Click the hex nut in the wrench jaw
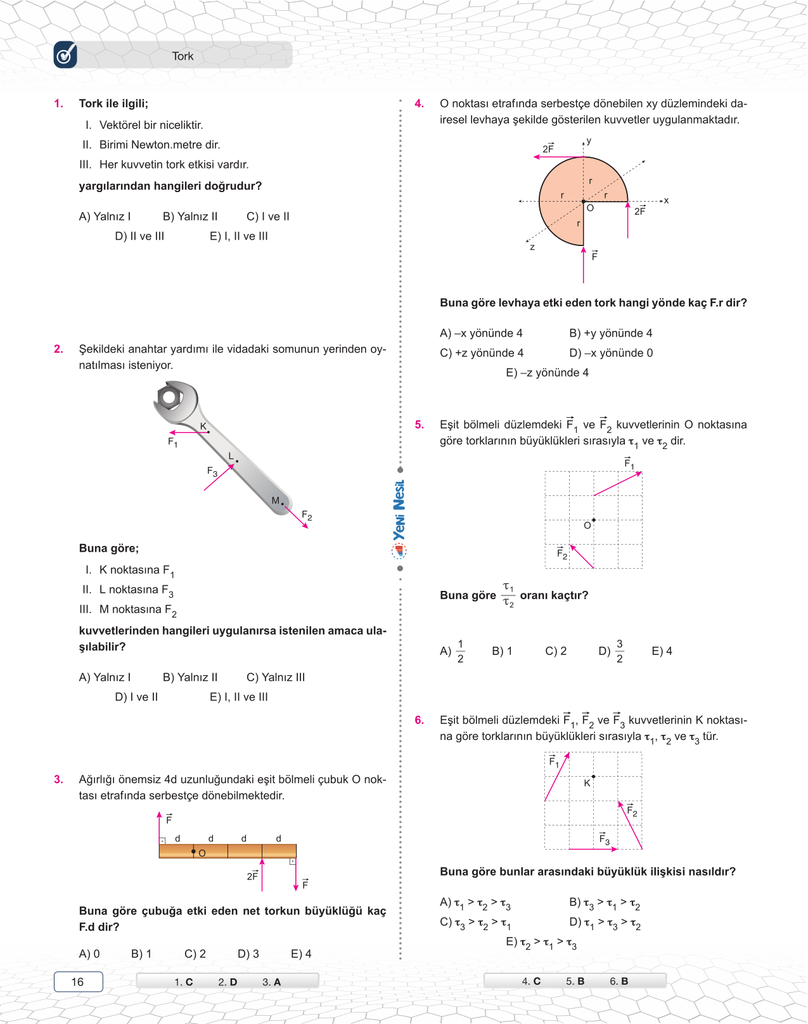[x=169, y=398]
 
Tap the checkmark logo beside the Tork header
[x=65, y=55]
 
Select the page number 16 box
[x=78, y=982]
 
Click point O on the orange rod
[x=194, y=852]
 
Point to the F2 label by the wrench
[x=307, y=515]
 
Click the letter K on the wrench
[x=203, y=426]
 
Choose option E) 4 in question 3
[x=301, y=954]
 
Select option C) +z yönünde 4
[x=482, y=353]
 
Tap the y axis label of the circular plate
[x=589, y=141]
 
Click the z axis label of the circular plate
[x=532, y=247]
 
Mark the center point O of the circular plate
[x=584, y=202]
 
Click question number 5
[x=419, y=425]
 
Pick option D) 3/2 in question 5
[x=611, y=651]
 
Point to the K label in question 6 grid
[x=587, y=783]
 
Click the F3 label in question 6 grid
[x=605, y=839]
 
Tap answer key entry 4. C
[x=531, y=981]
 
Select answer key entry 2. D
[x=228, y=982]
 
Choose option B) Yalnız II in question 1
[x=190, y=217]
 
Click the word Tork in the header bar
[x=183, y=56]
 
